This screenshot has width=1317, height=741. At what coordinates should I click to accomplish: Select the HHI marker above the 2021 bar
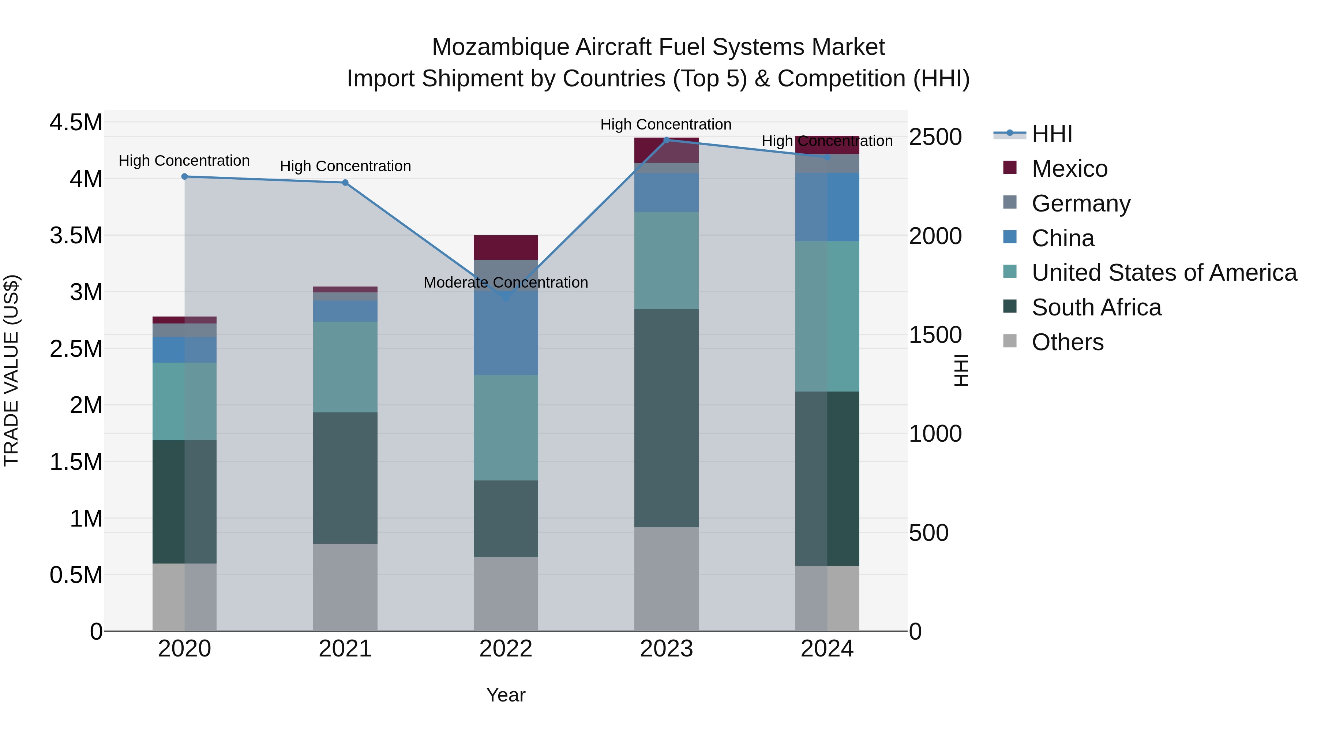[345, 183]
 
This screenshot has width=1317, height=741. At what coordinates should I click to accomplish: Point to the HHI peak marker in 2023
[666, 140]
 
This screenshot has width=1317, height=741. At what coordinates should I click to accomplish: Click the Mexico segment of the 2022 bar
[506, 247]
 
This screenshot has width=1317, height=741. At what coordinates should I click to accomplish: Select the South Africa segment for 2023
[666, 418]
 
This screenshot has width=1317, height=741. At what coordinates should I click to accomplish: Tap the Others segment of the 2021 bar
[345, 587]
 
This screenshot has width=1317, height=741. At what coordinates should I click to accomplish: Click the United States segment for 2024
[827, 316]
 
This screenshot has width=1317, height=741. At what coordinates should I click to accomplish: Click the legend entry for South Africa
[1096, 307]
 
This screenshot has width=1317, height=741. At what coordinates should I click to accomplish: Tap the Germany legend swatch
[1010, 202]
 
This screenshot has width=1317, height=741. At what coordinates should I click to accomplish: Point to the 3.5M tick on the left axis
[76, 236]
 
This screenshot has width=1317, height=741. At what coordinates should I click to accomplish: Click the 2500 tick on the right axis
[935, 137]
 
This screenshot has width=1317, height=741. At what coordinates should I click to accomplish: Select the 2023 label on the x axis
[666, 649]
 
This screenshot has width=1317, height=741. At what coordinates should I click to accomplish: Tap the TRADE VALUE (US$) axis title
[11, 370]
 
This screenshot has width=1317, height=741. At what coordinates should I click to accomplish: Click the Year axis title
[506, 695]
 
